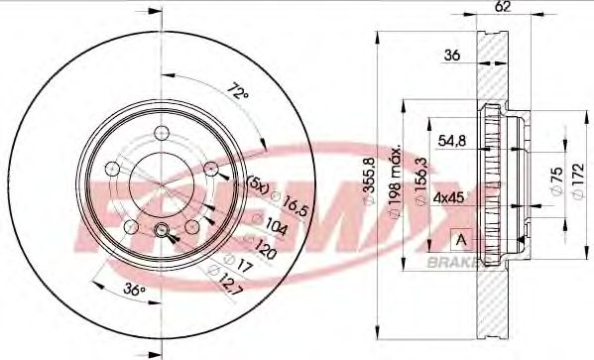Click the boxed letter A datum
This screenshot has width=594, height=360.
(x=460, y=239)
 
